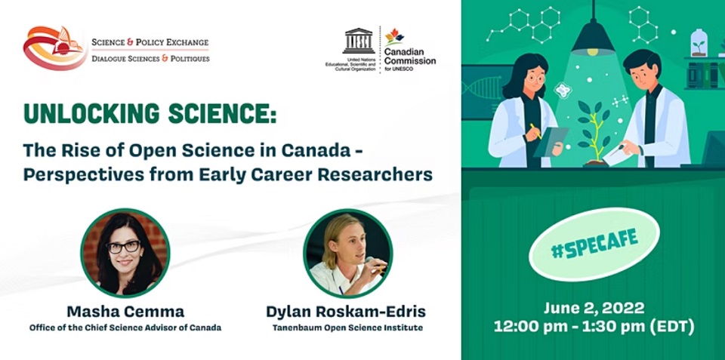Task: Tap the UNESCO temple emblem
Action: click(x=358, y=41)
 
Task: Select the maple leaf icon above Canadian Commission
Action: click(x=394, y=36)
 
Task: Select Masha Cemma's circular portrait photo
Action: click(x=125, y=253)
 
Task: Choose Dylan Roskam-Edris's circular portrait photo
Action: click(x=347, y=253)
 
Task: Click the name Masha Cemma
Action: click(x=125, y=312)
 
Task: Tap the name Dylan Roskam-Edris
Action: click(x=346, y=312)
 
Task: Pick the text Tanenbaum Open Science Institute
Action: click(x=347, y=328)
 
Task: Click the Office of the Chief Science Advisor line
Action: click(x=125, y=328)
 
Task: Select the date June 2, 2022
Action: click(x=594, y=308)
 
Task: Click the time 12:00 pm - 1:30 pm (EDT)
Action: click(x=594, y=328)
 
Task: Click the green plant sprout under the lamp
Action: click(x=594, y=132)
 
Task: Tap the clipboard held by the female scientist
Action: click(x=551, y=142)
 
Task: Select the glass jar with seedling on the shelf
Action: click(x=699, y=43)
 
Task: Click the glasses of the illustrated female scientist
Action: click(x=536, y=78)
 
